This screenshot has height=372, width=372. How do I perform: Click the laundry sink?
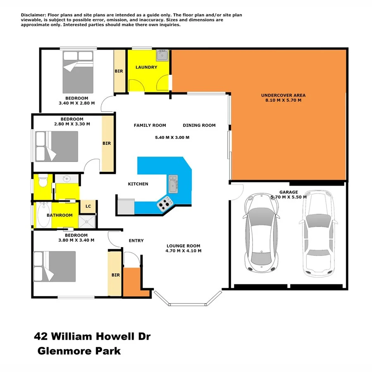click(x=162, y=55)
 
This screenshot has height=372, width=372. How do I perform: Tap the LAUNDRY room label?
click(x=146, y=67)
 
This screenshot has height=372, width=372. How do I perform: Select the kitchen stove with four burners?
click(x=165, y=203)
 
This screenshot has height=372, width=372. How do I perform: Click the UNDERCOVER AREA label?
click(x=283, y=95)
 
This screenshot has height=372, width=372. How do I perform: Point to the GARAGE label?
click(x=289, y=192)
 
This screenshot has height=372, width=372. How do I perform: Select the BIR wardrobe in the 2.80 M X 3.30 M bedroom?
click(x=107, y=143)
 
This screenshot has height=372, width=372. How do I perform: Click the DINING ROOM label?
click(x=199, y=125)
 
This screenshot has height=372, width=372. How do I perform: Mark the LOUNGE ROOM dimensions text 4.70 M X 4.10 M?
click(x=183, y=250)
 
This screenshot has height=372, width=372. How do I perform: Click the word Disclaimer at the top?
click(x=34, y=15)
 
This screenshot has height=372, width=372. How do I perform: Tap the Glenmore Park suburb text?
click(x=79, y=351)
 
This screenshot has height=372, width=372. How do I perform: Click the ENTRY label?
click(x=136, y=241)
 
